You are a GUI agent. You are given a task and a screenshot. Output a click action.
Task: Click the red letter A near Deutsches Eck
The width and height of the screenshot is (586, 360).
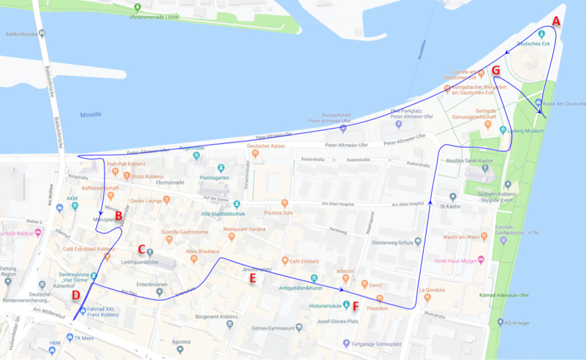pyautogui.click(x=556, y=22)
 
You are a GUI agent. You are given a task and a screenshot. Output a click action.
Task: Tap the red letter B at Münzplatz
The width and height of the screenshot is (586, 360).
pyautogui.click(x=118, y=216)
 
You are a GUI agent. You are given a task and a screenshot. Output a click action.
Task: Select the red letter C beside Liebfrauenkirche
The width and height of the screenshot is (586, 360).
pyautogui.click(x=141, y=249)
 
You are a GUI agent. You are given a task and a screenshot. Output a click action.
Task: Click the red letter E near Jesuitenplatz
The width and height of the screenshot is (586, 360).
pyautogui.click(x=253, y=279)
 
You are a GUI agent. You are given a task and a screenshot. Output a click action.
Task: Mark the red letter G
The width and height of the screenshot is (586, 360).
pyautogui.click(x=496, y=70)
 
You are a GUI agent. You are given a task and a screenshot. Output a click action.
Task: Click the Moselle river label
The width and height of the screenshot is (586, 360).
pyautogui.click(x=91, y=114)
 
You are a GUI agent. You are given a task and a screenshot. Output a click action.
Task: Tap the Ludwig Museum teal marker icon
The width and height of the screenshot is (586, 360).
pyautogui.click(x=503, y=130)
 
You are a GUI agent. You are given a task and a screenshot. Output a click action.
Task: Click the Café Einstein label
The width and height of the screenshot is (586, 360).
pyautogui.click(x=305, y=260)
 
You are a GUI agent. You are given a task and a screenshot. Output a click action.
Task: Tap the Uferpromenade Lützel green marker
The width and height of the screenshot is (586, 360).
pyautogui.click(x=138, y=8)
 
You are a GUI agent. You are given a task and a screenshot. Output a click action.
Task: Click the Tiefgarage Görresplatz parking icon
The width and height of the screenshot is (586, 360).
pyautogui.click(x=346, y=343)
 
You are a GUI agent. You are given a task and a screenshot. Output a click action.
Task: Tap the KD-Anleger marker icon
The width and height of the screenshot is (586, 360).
pyautogui.click(x=500, y=322)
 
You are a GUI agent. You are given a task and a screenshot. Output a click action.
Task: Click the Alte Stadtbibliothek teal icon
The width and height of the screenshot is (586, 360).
pyautogui.click(x=237, y=204)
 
